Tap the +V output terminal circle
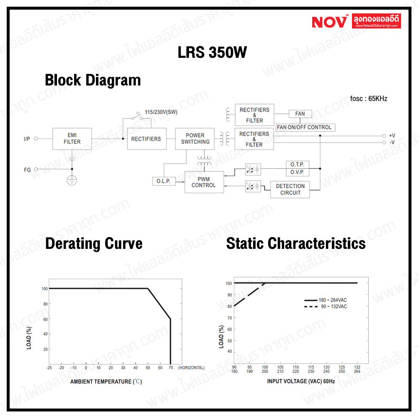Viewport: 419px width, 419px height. point(384,136)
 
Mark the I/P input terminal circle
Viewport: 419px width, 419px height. point(36,139)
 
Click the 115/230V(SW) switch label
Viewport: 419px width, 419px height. point(161,112)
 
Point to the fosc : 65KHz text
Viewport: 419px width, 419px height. point(368,98)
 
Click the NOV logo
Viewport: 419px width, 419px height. point(330,21)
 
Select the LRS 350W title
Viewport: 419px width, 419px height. point(212,52)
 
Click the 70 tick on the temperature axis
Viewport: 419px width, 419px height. point(171,368)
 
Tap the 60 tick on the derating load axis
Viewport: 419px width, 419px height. point(45,319)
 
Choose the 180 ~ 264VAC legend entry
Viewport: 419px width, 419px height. point(325,300)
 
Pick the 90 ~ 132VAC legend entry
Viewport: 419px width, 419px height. point(325,307)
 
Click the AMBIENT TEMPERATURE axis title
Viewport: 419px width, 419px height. point(106,382)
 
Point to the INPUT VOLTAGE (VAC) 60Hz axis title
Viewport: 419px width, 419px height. point(301,381)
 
